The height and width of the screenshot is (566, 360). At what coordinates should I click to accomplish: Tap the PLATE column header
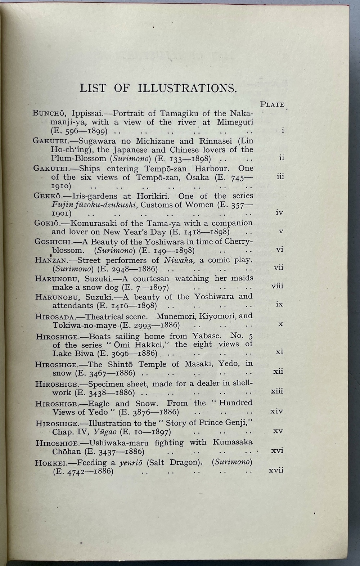[x=272, y=104]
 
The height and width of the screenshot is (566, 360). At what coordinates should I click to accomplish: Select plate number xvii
[x=276, y=470]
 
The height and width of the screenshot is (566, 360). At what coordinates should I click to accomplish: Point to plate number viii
[x=277, y=286]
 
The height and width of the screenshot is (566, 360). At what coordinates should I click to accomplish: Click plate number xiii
[x=277, y=391]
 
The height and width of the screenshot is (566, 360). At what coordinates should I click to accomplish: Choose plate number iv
[x=279, y=212]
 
